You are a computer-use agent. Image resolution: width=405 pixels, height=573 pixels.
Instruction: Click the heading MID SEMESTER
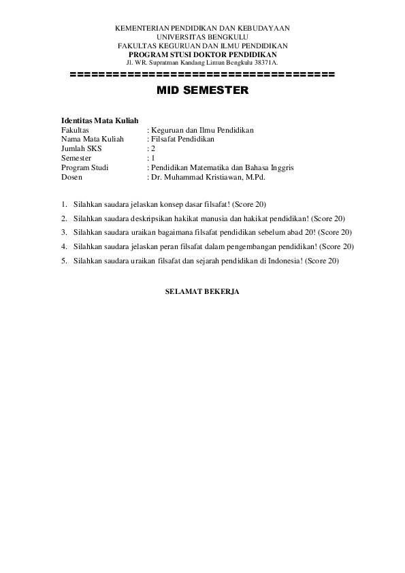pyautogui.click(x=202, y=89)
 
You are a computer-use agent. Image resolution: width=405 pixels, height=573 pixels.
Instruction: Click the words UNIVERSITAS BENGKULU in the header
pyautogui.click(x=202, y=37)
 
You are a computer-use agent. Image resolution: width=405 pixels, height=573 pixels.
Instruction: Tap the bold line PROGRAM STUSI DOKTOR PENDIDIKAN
pyautogui.click(x=202, y=54)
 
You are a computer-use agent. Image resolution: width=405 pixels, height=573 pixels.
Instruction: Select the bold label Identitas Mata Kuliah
pyautogui.click(x=100, y=120)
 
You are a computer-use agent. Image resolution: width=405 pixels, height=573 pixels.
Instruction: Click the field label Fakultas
pyautogui.click(x=76, y=129)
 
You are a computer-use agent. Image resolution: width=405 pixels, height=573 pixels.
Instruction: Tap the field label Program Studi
pyautogui.click(x=85, y=167)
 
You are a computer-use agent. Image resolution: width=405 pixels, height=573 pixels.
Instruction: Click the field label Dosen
pyautogui.click(x=71, y=177)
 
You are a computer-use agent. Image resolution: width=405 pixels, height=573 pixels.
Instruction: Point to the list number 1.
pyautogui.click(x=64, y=204)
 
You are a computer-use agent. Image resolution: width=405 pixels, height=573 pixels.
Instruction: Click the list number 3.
pyautogui.click(x=64, y=232)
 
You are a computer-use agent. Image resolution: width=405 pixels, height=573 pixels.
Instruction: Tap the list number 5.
pyautogui.click(x=64, y=261)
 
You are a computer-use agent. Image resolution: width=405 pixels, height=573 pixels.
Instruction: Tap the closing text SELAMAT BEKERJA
pyautogui.click(x=202, y=292)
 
